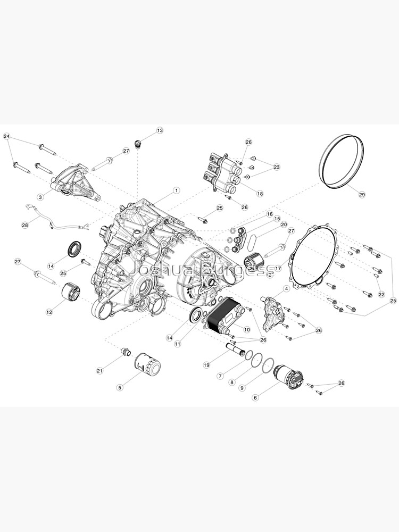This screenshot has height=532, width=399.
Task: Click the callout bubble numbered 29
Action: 362,195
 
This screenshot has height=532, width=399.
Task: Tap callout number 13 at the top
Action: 160,130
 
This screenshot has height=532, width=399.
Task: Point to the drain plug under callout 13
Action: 138,143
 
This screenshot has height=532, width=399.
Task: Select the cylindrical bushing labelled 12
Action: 71,293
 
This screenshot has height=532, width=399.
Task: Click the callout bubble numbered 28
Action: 24,225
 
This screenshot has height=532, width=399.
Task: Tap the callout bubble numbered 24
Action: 6,137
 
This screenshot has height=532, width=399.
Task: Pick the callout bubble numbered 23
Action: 277,167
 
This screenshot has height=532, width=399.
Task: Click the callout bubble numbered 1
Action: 176,190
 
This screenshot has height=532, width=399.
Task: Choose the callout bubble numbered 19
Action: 207,365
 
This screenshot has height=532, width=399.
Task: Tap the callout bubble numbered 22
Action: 381,294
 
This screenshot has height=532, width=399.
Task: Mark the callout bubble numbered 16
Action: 269,214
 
